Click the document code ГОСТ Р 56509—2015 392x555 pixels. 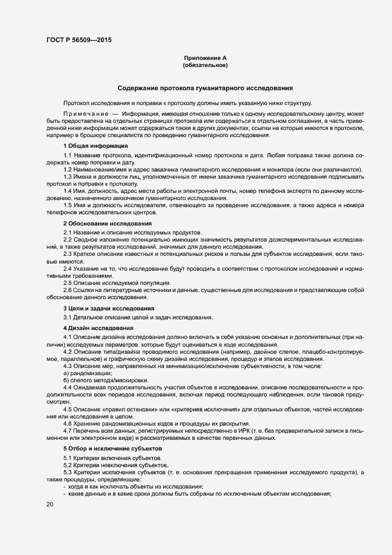coord(78,40)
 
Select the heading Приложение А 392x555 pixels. coord(205,58)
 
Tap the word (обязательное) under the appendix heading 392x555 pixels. coord(205,65)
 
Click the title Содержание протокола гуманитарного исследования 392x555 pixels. coord(205,88)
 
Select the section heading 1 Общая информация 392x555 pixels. coord(95,145)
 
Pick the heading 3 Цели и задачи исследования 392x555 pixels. coord(109,309)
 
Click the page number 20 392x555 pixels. coord(49,505)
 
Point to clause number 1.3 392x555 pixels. coord(68,177)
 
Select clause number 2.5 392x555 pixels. coord(68,283)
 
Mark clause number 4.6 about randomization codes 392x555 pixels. coord(68,423)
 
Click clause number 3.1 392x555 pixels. coord(68,318)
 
